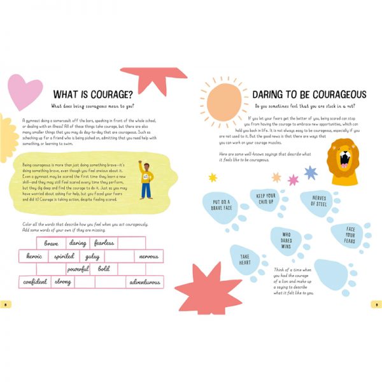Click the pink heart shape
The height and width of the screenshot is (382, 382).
click(24, 90)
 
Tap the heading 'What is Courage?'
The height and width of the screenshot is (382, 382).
click(96, 94)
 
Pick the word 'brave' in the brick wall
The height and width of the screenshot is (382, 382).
click(51, 243)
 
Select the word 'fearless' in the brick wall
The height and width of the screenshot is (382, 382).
click(103, 243)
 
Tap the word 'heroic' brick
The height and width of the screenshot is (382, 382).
click(34, 256)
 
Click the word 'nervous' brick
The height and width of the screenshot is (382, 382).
click(148, 256)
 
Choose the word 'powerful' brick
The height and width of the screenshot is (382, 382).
click(78, 269)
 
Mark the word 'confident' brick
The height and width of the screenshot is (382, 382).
click(35, 281)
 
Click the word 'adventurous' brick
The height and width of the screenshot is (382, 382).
click(145, 281)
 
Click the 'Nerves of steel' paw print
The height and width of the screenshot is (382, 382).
click(318, 201)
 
